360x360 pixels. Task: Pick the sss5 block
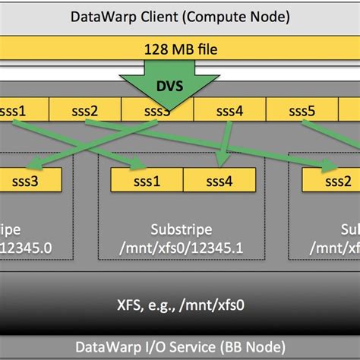pyautogui.click(x=302, y=111)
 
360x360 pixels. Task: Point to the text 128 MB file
pyautogui.click(x=179, y=50)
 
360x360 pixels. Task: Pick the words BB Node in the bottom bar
pyautogui.click(x=251, y=346)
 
